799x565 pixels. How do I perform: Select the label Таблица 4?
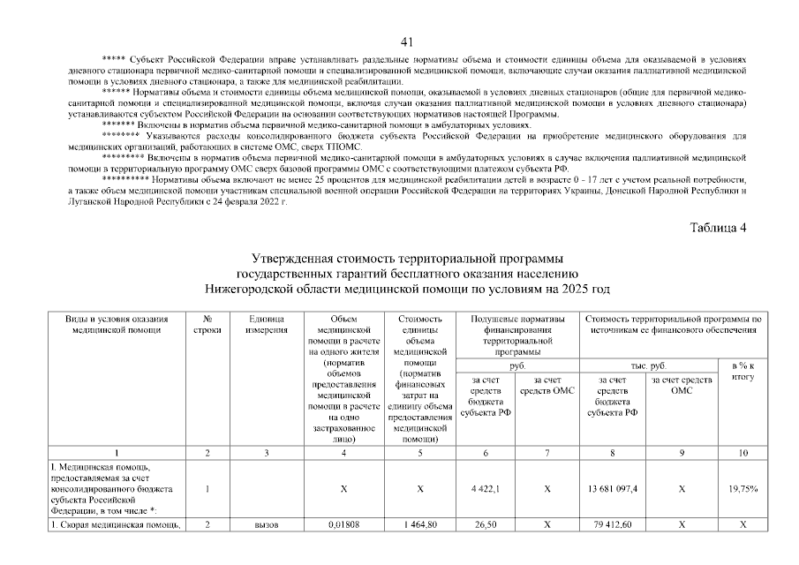click(x=718, y=228)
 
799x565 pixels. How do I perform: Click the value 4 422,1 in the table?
click(x=486, y=488)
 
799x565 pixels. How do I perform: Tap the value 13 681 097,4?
click(x=613, y=488)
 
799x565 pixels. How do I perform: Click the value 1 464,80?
click(x=419, y=525)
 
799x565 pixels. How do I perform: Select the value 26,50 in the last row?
click(x=486, y=525)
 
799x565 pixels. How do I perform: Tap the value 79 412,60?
click(x=613, y=525)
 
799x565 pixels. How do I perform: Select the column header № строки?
click(x=206, y=323)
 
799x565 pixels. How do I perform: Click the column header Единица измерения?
click(x=267, y=323)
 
